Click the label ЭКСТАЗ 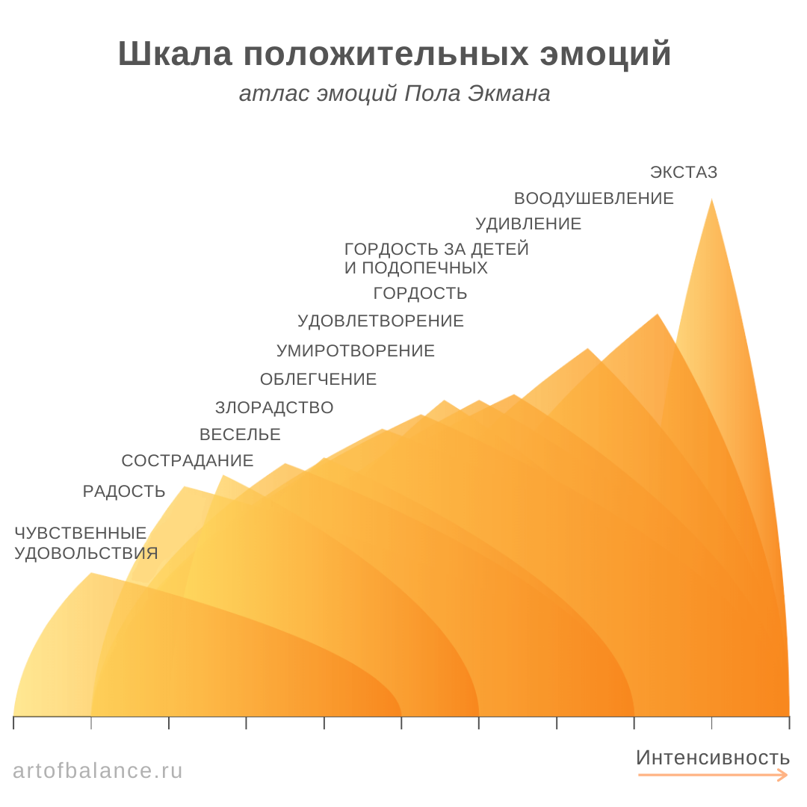[683, 173]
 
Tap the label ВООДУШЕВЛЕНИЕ [593, 199]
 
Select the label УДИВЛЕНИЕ [528, 224]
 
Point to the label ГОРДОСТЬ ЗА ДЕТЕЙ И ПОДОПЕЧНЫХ [436, 259]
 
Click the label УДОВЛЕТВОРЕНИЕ [380, 321]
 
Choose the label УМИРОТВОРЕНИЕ [355, 351]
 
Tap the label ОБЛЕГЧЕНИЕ [318, 380]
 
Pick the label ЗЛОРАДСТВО [273, 408]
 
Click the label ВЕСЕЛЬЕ [240, 435]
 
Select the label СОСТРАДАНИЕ [187, 461]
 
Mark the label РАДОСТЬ [124, 492]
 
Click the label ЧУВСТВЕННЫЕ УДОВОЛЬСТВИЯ [86, 543]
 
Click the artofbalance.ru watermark [97, 770]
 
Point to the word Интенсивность [712, 758]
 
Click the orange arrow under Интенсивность [712, 776]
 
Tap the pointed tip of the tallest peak [711, 200]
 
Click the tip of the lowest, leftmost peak [91, 574]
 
